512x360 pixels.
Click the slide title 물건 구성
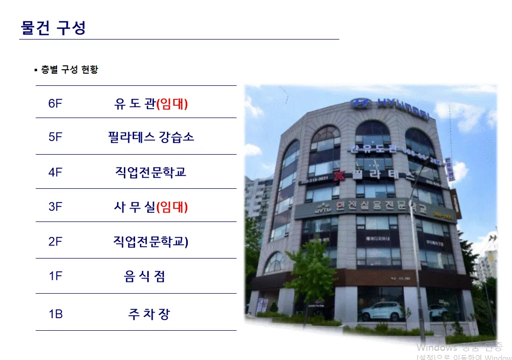pyautogui.click(x=53, y=27)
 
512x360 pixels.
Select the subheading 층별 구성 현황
pyautogui.click(x=69, y=70)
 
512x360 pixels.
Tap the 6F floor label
pyautogui.click(x=56, y=104)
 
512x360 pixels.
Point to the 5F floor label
pyautogui.click(x=56, y=137)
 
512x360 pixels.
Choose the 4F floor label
pyautogui.click(x=56, y=172)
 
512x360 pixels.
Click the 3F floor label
pyautogui.click(x=56, y=206)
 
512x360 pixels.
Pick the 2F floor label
pyautogui.click(x=56, y=241)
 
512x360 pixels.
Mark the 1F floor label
pyautogui.click(x=56, y=277)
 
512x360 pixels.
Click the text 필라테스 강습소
pyautogui.click(x=151, y=137)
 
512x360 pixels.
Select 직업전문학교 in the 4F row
pyautogui.click(x=151, y=172)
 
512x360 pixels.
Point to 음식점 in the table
pyautogui.click(x=144, y=277)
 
